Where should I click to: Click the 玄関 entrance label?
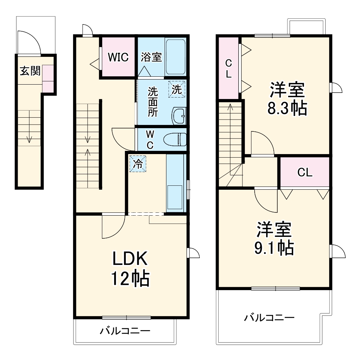tap(30, 71)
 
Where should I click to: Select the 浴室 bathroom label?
tap(151, 57)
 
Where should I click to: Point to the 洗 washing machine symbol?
tap(176, 90)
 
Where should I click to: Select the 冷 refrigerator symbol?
tap(138, 164)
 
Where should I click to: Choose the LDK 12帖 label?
tap(130, 268)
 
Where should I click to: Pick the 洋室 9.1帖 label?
tap(274, 238)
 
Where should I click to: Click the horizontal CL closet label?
tap(305, 172)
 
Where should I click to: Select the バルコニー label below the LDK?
tap(125, 330)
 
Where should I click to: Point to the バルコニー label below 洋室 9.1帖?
tap(269, 318)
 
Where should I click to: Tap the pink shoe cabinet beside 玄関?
tap(48, 78)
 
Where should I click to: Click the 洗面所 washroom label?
tap(153, 102)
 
